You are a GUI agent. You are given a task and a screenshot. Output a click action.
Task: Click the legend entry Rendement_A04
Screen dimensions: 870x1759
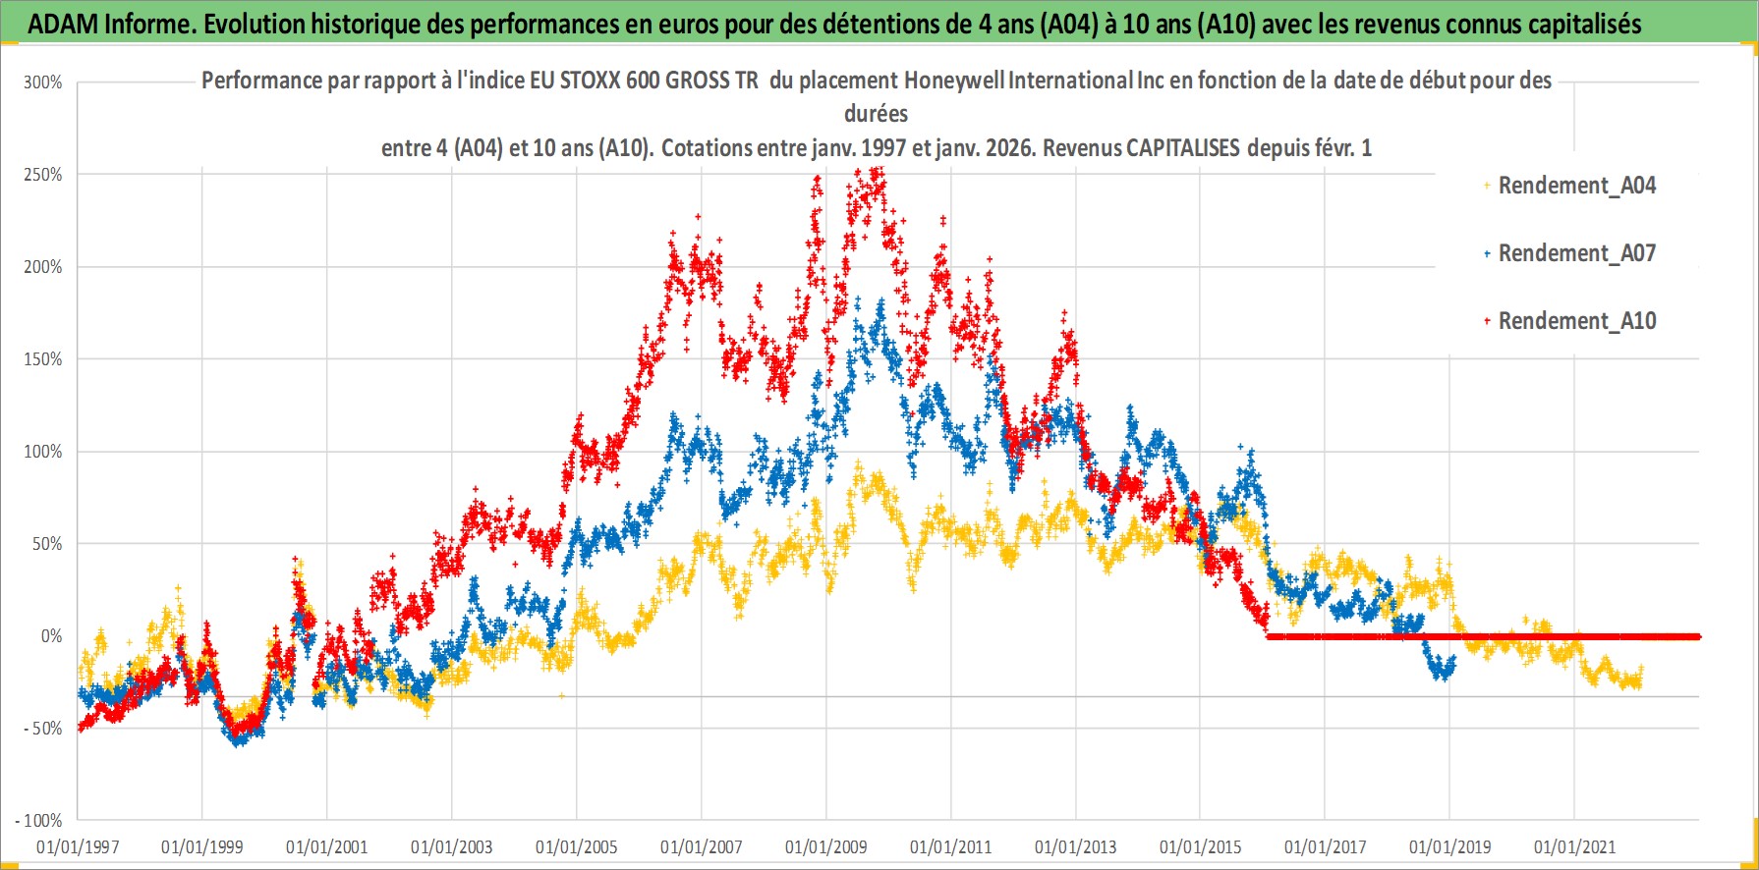pos(1576,186)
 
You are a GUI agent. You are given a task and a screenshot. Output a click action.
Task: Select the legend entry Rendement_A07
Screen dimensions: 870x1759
pos(1576,253)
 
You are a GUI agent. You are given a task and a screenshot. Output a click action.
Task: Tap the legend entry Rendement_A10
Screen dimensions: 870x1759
pos(1576,321)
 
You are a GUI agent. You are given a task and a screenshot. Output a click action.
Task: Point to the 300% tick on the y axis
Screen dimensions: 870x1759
pos(43,82)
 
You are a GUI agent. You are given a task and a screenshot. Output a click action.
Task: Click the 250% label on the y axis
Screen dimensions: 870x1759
pos(43,175)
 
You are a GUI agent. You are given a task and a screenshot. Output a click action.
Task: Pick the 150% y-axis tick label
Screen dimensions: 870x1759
pos(43,359)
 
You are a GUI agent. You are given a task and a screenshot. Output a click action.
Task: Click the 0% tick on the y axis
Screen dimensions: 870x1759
pos(51,636)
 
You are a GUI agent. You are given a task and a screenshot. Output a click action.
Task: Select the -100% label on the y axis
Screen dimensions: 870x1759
pos(39,821)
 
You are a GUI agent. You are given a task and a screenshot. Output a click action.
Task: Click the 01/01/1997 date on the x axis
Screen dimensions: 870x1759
pos(78,847)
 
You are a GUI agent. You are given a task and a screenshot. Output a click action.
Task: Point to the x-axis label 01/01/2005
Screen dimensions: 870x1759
pos(577,847)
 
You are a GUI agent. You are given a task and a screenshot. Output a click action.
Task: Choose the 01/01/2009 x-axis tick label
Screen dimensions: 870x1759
pos(826,847)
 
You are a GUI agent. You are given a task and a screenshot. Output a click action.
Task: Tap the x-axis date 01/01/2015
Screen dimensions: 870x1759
pos(1201,847)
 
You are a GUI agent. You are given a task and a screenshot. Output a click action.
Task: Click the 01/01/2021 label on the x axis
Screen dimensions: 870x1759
pos(1575,847)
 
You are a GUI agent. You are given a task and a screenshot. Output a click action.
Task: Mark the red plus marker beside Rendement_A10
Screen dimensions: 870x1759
pos(1487,321)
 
